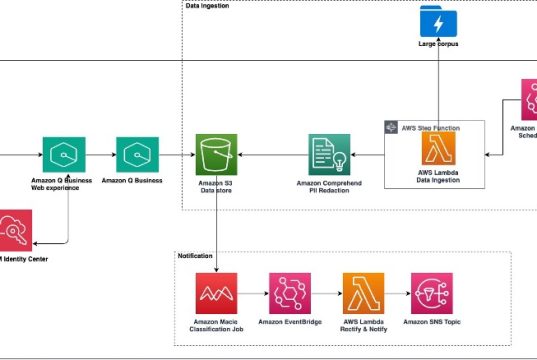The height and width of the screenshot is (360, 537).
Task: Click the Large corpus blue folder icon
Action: [x=438, y=21]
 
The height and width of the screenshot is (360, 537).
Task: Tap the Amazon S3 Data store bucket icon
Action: [x=216, y=155]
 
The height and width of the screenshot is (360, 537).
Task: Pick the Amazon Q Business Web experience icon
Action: [x=62, y=155]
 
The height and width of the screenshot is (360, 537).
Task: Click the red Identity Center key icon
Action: [x=14, y=231]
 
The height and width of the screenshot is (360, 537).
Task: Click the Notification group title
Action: [x=195, y=256]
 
